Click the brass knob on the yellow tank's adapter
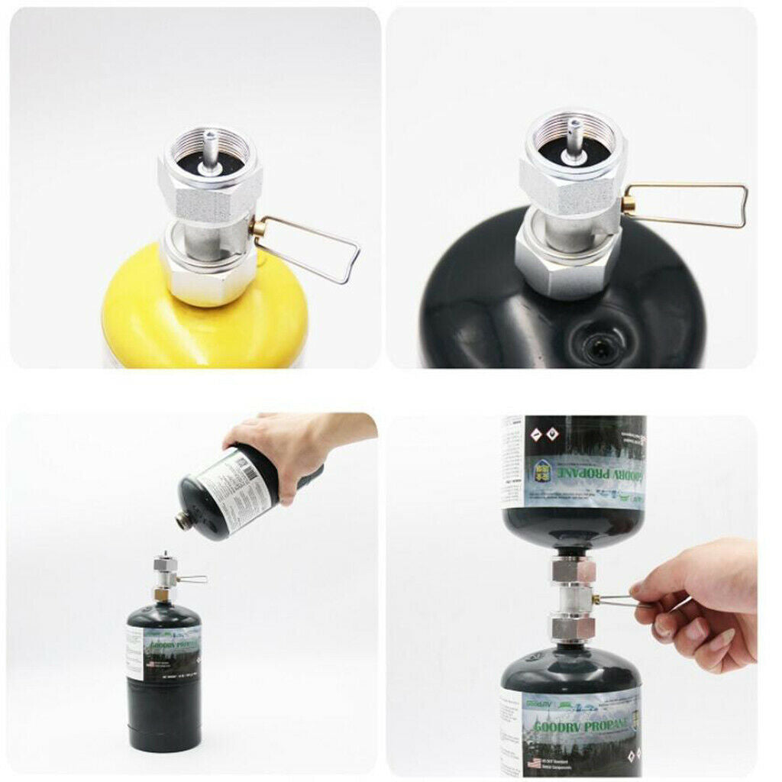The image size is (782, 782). [x=258, y=227]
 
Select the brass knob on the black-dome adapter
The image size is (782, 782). [x=629, y=205]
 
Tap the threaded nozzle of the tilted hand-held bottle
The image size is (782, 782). [x=185, y=521]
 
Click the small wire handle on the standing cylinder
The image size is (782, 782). [x=192, y=580]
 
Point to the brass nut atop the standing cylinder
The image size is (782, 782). [x=161, y=593]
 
